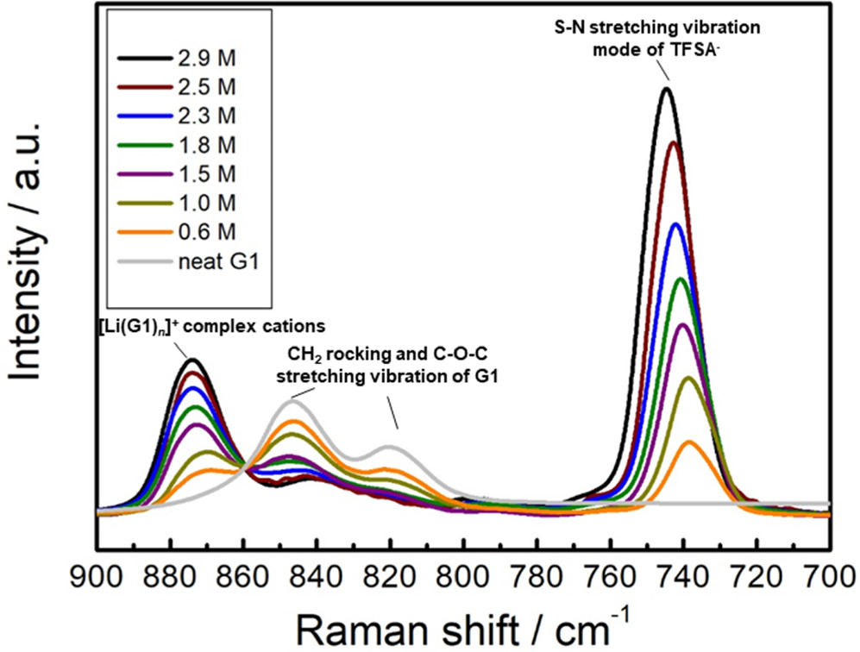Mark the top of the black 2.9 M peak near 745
click(x=666, y=88)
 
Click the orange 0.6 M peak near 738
click(x=688, y=442)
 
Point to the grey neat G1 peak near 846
click(x=293, y=401)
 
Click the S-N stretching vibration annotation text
click(x=658, y=37)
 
